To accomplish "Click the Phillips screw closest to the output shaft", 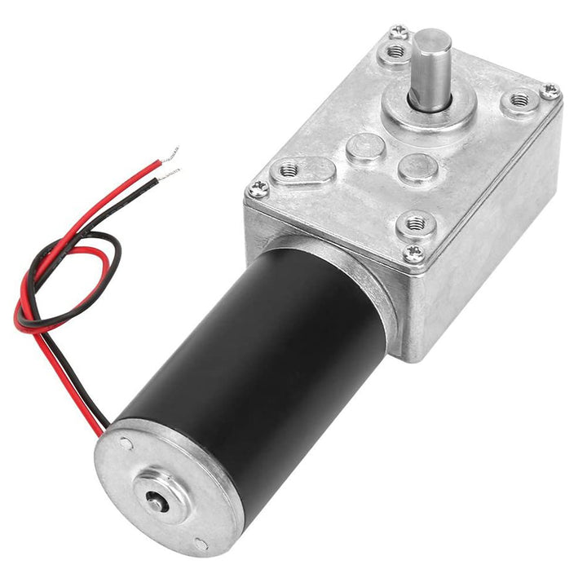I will tap(399, 33).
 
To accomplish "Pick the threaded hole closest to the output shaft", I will tap(396, 52).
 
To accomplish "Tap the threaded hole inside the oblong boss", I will tap(289, 170).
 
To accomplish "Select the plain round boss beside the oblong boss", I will tap(364, 148).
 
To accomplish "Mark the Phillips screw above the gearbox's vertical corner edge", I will tap(413, 254).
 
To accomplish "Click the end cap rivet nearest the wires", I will tap(126, 444).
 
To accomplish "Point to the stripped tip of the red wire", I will tap(170, 152).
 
